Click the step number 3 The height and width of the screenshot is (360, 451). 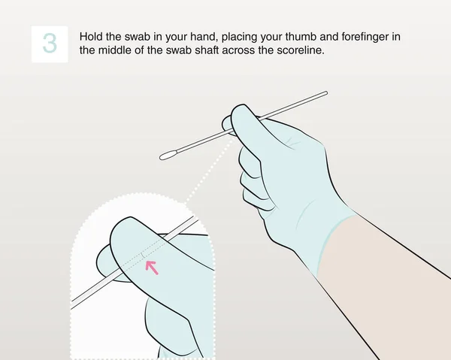pos(50,44)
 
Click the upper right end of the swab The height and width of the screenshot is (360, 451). pos(325,93)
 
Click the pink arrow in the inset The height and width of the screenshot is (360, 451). pos(152,267)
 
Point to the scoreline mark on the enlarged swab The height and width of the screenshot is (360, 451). pos(143,256)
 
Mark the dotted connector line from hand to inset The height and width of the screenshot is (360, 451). pos(207,170)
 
